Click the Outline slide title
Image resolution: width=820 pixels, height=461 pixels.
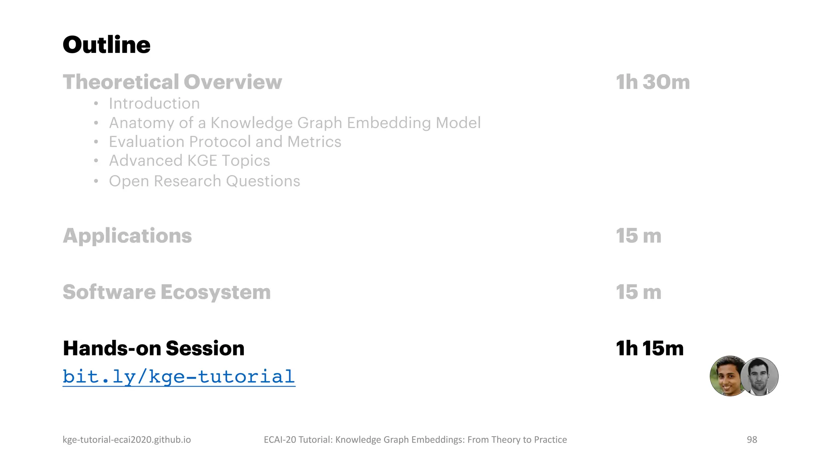(x=107, y=44)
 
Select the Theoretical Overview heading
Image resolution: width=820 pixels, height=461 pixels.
(x=172, y=82)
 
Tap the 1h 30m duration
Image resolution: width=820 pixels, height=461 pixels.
(x=653, y=82)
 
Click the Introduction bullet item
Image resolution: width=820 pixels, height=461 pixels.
(x=154, y=104)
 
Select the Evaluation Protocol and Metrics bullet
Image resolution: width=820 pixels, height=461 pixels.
(x=225, y=142)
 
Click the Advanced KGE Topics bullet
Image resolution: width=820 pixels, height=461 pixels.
(x=189, y=160)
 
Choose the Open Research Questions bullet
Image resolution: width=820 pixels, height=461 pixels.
(x=204, y=181)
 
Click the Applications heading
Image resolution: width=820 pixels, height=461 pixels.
(x=127, y=235)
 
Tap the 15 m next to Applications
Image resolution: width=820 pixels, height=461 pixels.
(x=638, y=235)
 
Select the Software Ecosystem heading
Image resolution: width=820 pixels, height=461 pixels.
(x=167, y=292)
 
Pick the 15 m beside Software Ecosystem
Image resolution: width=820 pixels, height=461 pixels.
(x=638, y=292)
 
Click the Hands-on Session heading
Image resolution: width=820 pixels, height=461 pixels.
(x=153, y=348)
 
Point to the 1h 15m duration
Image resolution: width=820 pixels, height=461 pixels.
(x=649, y=348)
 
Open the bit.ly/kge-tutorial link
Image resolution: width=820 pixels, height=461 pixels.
(x=179, y=377)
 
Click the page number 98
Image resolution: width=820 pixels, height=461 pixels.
(x=752, y=439)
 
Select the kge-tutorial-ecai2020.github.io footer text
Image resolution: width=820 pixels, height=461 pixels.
(x=127, y=439)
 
